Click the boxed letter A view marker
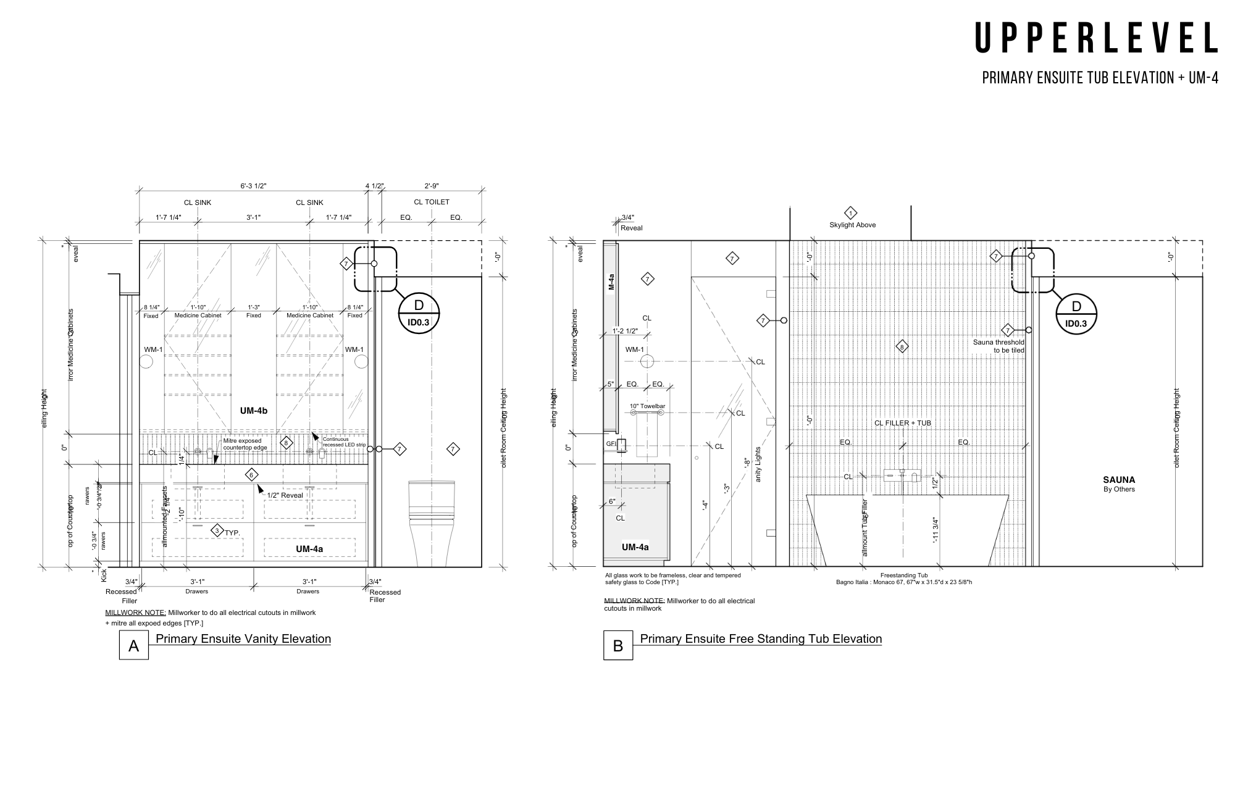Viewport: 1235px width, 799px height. coord(133,645)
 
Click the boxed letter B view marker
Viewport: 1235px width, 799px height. coord(617,645)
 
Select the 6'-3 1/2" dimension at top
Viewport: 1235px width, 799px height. coord(253,186)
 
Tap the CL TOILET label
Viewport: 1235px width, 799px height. coord(431,202)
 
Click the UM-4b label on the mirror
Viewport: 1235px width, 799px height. coord(253,411)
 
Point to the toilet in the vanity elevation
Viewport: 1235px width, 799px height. coord(432,522)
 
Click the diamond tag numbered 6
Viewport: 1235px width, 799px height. coord(251,475)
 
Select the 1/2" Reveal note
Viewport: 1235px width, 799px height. coord(285,495)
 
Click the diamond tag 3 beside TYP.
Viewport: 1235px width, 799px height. coord(217,530)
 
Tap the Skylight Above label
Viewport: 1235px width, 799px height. coord(852,225)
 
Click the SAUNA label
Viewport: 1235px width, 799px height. coord(1119,480)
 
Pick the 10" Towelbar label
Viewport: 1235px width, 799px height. coord(647,406)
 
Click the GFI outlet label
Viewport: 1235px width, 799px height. coord(611,443)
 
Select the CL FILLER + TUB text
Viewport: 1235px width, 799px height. coord(902,423)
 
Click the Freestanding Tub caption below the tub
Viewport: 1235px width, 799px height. coord(904,575)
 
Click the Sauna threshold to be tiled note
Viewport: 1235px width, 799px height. coord(998,346)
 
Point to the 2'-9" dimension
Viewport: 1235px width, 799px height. coord(431,186)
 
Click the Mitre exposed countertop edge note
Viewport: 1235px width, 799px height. coord(245,444)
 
